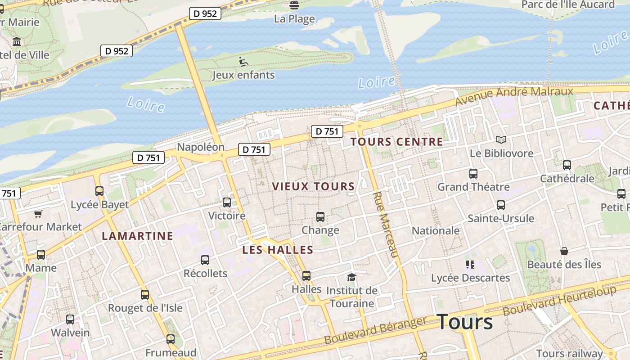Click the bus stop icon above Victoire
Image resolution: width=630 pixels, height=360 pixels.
[227, 202]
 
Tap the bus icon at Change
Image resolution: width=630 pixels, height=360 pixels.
[320, 217]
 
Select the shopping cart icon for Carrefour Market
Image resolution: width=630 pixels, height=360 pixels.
[38, 214]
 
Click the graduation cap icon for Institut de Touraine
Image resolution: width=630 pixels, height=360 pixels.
[351, 277]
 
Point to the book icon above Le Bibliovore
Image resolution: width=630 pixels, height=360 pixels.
[501, 140]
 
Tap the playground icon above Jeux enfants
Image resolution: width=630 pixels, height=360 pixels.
[243, 62]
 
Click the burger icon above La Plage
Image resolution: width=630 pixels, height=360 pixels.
[294, 5]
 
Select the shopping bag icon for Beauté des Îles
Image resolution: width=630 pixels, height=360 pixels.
[564, 251]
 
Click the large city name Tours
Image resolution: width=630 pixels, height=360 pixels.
[464, 322]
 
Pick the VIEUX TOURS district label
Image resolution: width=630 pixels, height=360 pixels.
[313, 186]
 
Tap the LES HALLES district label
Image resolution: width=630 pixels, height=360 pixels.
[278, 250]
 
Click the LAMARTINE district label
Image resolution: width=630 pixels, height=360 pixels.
[137, 236]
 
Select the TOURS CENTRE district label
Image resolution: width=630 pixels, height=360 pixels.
[396, 142]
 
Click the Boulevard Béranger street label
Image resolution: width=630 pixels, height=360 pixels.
[375, 331]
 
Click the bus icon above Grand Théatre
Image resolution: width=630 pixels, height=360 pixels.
[473, 173]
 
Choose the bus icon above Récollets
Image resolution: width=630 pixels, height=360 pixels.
[205, 260]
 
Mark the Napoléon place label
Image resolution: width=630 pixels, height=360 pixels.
[200, 147]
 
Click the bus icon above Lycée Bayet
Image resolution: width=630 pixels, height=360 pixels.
[99, 191]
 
